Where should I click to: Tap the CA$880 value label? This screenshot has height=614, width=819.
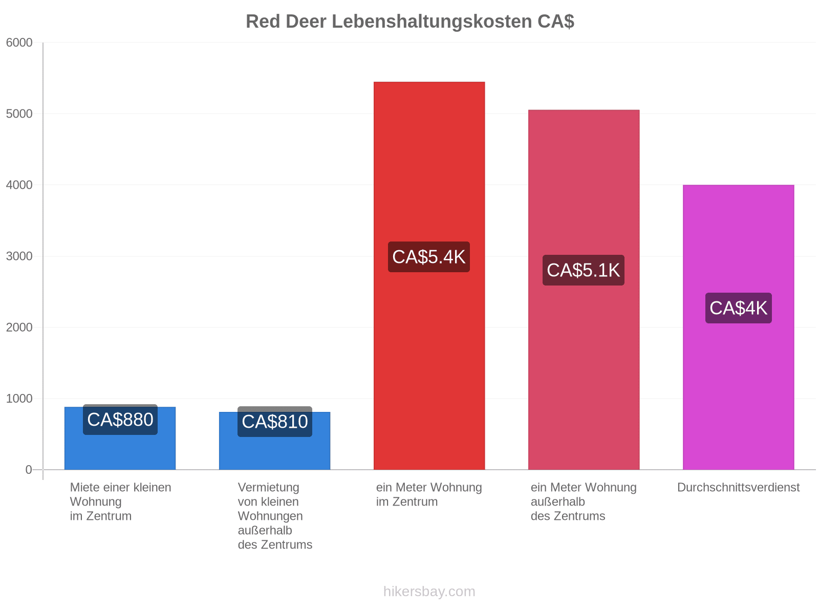(x=120, y=420)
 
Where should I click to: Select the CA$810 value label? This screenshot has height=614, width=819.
(x=274, y=422)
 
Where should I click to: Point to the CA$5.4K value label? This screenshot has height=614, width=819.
(x=429, y=257)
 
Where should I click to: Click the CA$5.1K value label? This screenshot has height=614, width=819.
(x=583, y=270)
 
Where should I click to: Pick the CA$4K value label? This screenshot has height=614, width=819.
(x=738, y=308)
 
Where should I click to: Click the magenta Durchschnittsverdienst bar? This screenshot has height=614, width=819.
(x=738, y=327)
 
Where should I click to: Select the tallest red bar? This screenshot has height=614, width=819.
(x=429, y=275)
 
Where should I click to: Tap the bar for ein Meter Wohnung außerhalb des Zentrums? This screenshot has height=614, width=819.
(x=584, y=290)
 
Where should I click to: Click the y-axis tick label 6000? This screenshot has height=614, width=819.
(x=19, y=42)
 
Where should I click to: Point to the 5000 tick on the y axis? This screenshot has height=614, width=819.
(x=19, y=114)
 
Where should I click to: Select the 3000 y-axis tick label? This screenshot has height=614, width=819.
(x=19, y=256)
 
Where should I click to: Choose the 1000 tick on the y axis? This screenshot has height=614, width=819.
(x=19, y=399)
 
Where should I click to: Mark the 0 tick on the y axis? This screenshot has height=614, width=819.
(x=29, y=470)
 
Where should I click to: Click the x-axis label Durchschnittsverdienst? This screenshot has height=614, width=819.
(x=738, y=487)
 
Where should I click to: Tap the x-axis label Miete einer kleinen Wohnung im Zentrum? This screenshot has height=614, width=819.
(x=120, y=501)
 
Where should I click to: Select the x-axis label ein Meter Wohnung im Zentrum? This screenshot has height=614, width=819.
(x=429, y=494)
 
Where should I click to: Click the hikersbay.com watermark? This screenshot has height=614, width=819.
(x=429, y=591)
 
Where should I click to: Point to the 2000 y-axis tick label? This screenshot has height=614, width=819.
(x=19, y=327)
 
